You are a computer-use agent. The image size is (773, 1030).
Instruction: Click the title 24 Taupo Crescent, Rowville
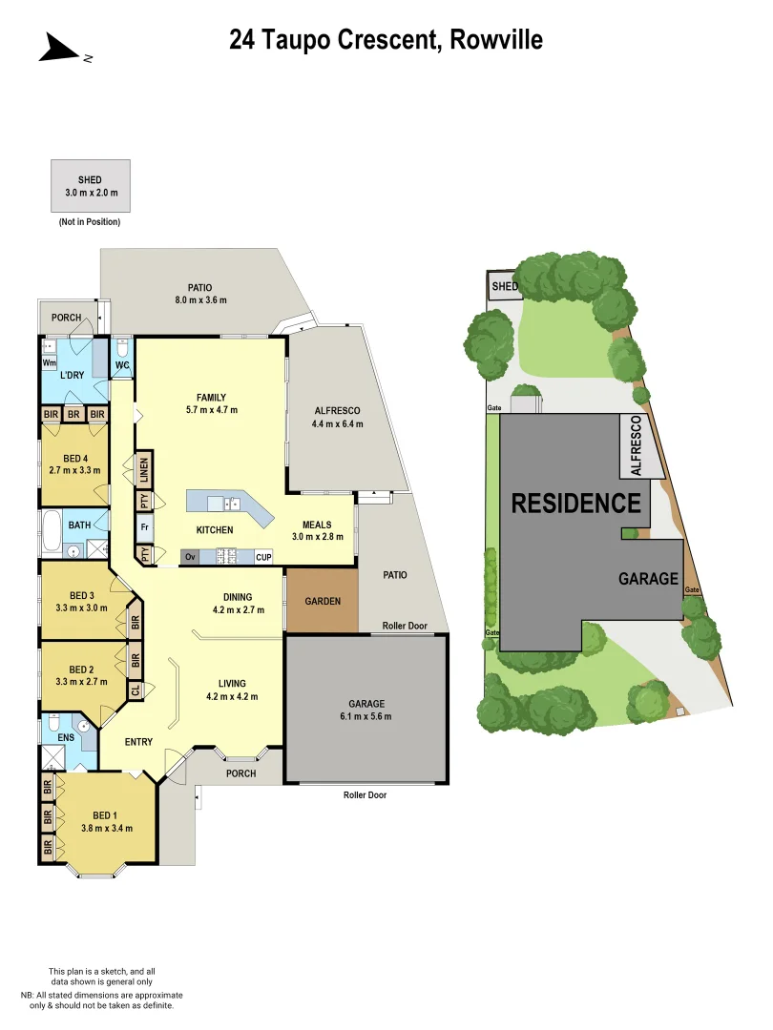click(x=386, y=39)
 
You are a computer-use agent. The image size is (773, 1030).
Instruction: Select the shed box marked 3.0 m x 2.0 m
click(x=90, y=186)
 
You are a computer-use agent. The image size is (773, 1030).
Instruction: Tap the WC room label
click(x=122, y=365)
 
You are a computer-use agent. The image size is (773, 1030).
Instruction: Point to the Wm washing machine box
click(x=48, y=362)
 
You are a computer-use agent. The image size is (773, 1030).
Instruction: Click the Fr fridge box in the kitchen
click(x=145, y=527)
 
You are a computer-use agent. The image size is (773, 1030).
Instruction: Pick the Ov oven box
click(x=190, y=556)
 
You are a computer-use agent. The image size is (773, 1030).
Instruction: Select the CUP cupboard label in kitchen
click(x=263, y=556)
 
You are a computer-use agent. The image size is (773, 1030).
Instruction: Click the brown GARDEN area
click(x=322, y=602)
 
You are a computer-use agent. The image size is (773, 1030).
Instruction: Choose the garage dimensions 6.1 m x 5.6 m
click(x=366, y=716)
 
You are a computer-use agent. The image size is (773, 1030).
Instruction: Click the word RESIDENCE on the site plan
click(x=575, y=503)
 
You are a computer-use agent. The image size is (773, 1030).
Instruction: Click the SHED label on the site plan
click(x=504, y=287)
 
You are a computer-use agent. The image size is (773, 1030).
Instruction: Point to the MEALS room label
click(x=317, y=525)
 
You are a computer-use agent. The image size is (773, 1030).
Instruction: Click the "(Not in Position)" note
click(x=90, y=222)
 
